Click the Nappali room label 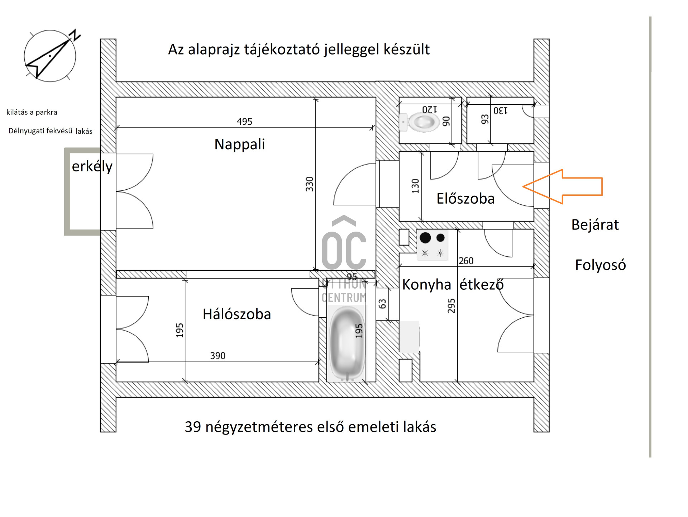pyautogui.click(x=239, y=144)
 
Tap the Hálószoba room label pyautogui.click(x=237, y=314)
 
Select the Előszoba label pyautogui.click(x=465, y=198)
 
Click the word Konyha pyautogui.click(x=426, y=285)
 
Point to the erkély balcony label pyautogui.click(x=92, y=166)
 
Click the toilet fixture pyautogui.click(x=419, y=122)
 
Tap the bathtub pyautogui.click(x=347, y=343)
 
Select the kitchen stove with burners pyautogui.click(x=433, y=245)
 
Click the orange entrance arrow pyautogui.click(x=563, y=186)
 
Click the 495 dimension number pyautogui.click(x=244, y=122)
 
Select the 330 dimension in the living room pyautogui.click(x=310, y=184)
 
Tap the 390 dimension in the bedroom pyautogui.click(x=218, y=356)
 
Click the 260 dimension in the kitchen pyautogui.click(x=466, y=261)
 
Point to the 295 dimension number pyautogui.click(x=451, y=306)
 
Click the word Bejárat pyautogui.click(x=595, y=225)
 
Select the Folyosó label pyautogui.click(x=601, y=265)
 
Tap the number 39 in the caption pyautogui.click(x=193, y=427)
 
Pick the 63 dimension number pyautogui.click(x=382, y=304)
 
